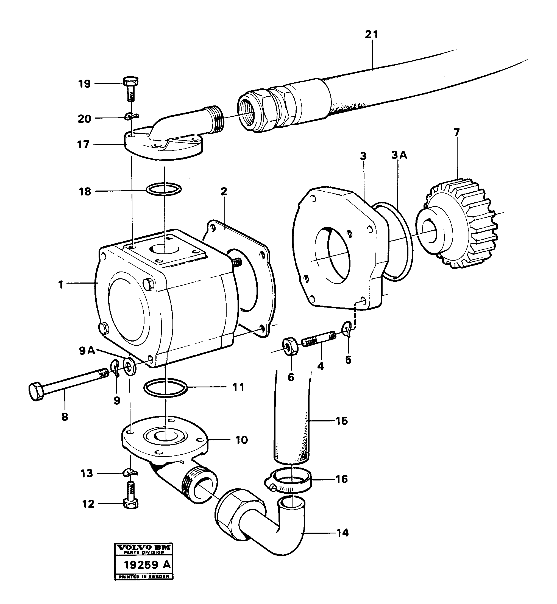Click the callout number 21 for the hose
(371, 35)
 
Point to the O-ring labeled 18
(164, 189)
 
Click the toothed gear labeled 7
(458, 223)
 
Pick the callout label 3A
(399, 155)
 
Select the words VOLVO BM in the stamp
(144, 547)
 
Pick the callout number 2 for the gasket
(224, 191)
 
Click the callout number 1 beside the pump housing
(61, 284)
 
